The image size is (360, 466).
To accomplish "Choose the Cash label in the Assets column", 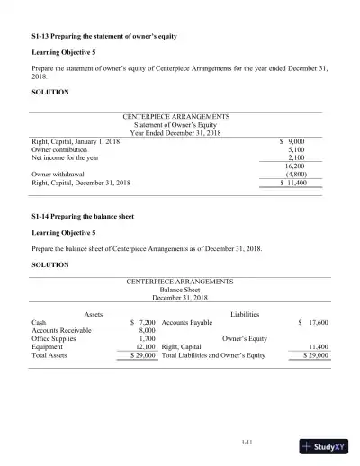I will (39, 321).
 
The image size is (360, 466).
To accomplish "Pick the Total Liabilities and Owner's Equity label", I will (213, 355).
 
